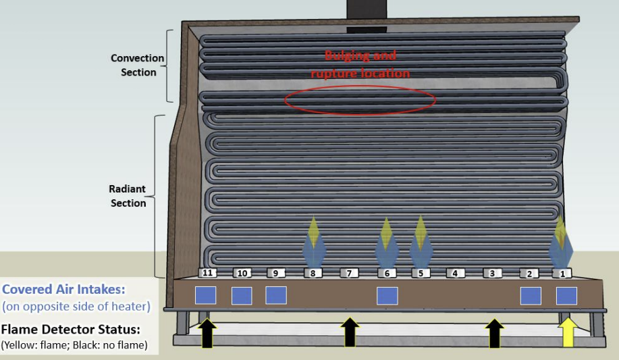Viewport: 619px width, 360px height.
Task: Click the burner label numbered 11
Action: pos(208,273)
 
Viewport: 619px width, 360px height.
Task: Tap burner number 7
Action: pos(349,274)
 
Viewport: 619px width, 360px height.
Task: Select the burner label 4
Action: pos(455,274)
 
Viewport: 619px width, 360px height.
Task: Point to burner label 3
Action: pos(493,274)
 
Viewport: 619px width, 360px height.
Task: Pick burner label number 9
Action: pos(275,274)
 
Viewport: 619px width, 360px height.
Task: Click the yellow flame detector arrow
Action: pos(568,333)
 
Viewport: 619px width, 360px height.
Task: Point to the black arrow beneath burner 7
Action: pos(349,333)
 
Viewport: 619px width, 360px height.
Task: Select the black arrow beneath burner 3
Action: pos(495,333)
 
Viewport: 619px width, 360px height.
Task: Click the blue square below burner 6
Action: pos(387,296)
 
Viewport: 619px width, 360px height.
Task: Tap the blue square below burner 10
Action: pos(242,296)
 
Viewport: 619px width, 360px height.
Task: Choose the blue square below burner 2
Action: pos(531,296)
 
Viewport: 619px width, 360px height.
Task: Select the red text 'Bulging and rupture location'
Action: pos(360,64)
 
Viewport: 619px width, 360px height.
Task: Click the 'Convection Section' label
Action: pos(138,66)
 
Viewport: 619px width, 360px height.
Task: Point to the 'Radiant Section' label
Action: pos(128,196)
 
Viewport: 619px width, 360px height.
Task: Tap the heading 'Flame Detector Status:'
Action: pos(70,330)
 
